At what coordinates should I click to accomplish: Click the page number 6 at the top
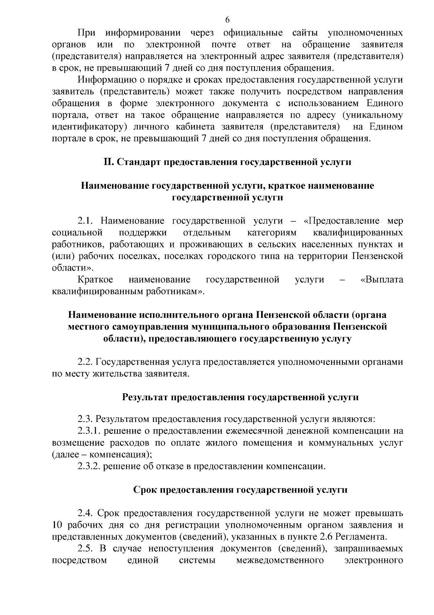(227, 20)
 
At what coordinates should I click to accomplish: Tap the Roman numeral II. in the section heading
(109, 162)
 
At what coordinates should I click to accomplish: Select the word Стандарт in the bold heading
(139, 162)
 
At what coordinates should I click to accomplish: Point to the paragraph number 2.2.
(85, 362)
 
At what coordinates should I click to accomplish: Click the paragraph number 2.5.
(85, 549)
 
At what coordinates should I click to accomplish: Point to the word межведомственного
(280, 561)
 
